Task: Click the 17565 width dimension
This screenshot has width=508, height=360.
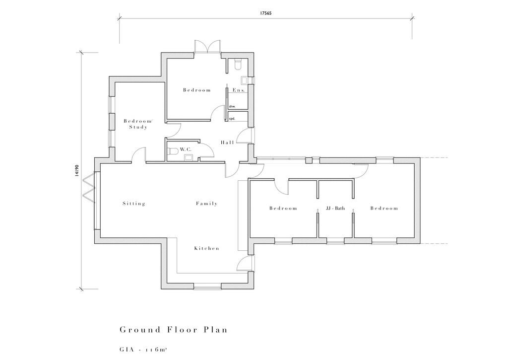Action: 265,14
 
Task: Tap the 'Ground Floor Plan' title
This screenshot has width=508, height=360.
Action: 174,330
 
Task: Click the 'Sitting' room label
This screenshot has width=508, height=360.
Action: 134,204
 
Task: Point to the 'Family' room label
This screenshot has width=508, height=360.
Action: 206,204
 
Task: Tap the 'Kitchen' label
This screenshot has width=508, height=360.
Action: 206,248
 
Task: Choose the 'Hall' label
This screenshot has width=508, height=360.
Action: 228,143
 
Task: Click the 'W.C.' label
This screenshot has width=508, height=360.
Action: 186,149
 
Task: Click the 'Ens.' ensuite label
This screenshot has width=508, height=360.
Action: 239,90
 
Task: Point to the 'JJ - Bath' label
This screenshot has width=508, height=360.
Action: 335,209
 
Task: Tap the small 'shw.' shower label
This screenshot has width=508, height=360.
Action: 232,107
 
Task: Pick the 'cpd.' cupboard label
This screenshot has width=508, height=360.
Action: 232,119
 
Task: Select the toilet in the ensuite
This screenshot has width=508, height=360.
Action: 237,64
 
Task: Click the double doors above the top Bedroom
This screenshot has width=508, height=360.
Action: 206,46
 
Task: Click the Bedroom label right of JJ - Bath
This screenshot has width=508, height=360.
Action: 384,209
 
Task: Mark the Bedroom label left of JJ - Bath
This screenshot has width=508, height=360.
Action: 283,209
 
